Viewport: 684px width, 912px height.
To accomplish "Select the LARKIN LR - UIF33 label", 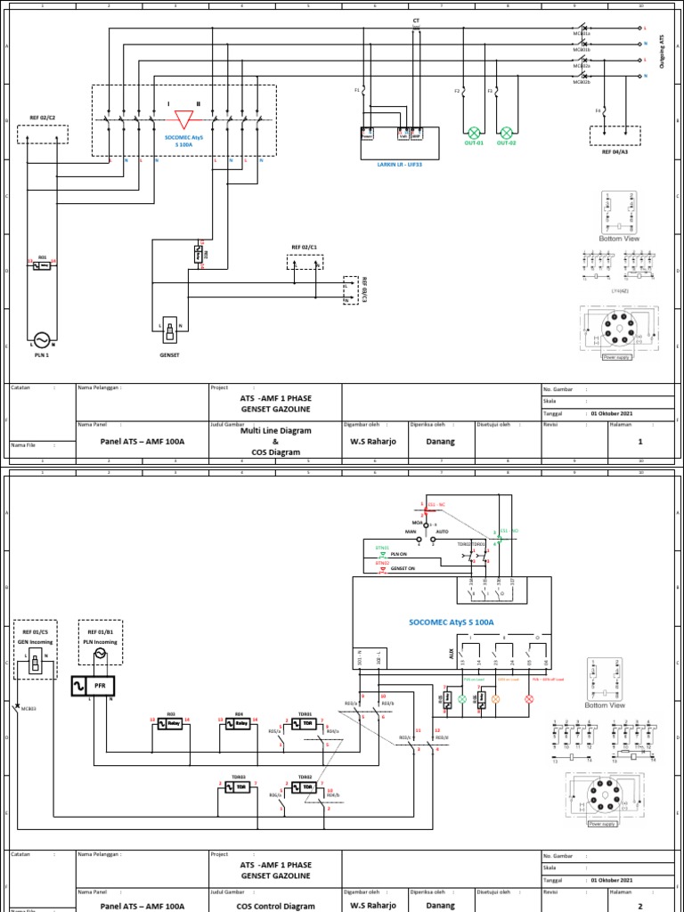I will [391, 164].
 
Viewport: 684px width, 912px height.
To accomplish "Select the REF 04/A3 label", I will [615, 151].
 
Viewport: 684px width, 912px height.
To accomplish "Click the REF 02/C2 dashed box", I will [43, 134].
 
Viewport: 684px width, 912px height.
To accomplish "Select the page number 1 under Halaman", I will [639, 440].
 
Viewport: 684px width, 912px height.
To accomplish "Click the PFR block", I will [100, 686].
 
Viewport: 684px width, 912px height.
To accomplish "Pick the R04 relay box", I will [238, 724].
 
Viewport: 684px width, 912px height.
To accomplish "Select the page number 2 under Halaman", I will [639, 905].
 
